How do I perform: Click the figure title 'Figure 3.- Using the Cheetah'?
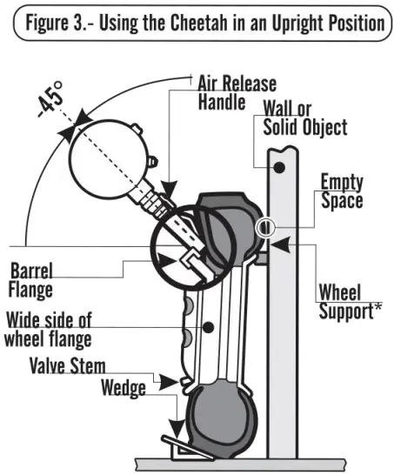coord(197,22)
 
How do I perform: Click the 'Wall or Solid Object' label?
coord(304,117)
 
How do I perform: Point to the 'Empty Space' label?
coord(341,191)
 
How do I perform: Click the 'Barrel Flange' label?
coord(32,276)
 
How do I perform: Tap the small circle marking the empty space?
coord(264,228)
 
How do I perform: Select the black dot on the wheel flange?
coord(209,329)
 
